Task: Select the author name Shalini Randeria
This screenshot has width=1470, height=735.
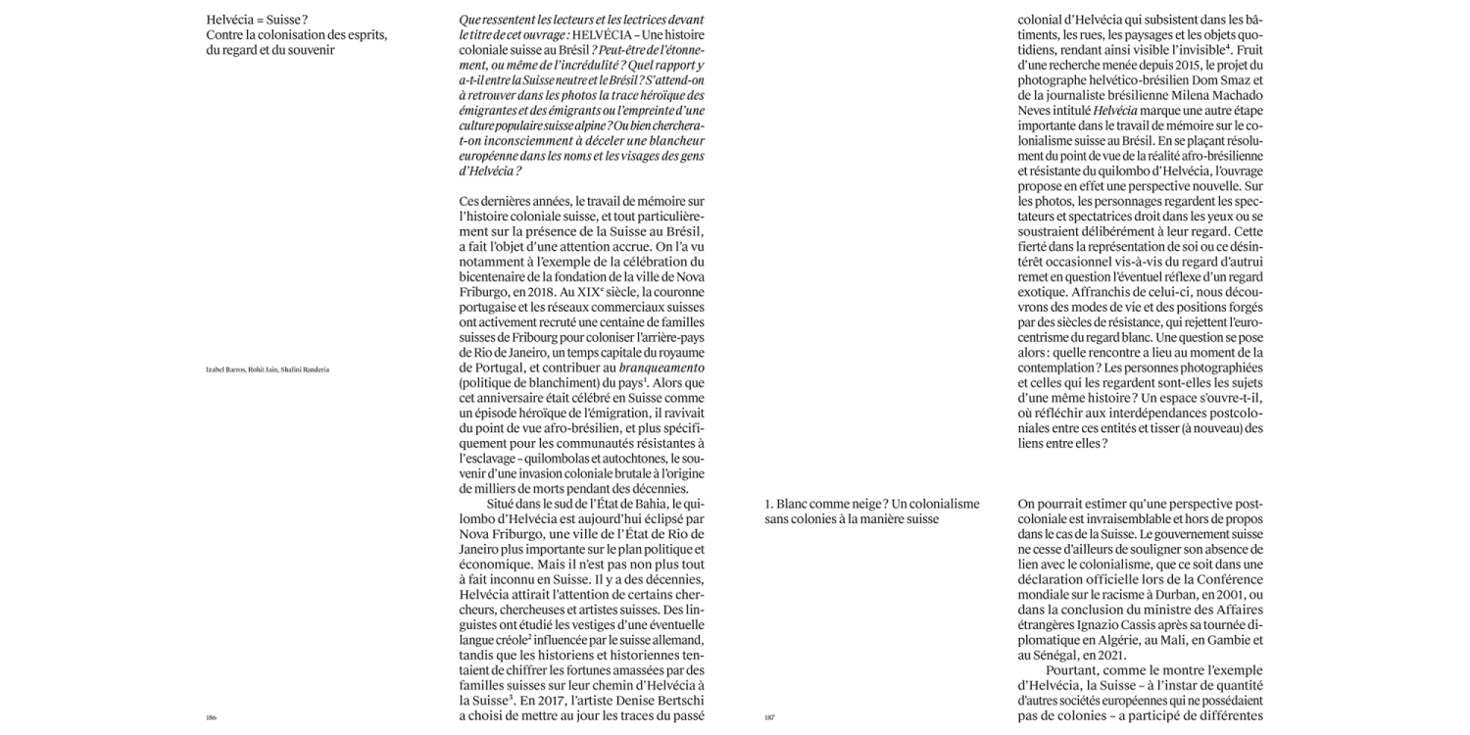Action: click(x=305, y=368)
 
